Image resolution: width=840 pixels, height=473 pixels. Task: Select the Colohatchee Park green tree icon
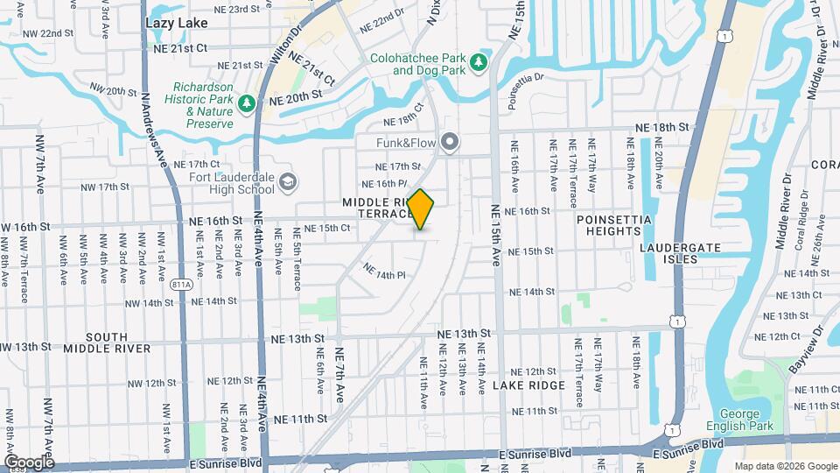coord(479,62)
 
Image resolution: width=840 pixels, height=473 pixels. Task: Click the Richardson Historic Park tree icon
coord(248,104)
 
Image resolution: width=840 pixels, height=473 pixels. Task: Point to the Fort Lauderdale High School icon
coord(289,182)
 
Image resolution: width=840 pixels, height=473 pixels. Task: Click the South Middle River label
coord(107,342)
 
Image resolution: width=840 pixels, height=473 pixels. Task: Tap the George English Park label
coord(749,421)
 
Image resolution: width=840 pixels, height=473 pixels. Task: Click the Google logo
coord(29,462)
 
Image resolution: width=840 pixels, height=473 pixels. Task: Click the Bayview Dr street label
coord(807,351)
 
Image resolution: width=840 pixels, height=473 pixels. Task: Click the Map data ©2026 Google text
coord(784,466)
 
